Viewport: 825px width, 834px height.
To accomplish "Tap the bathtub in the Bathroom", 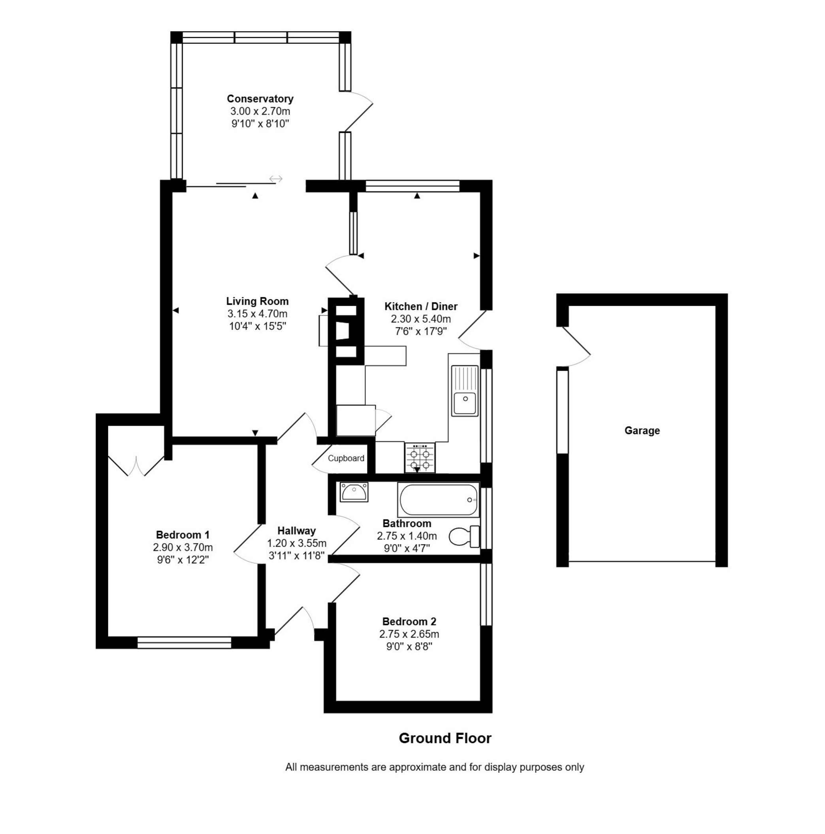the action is (x=438, y=500).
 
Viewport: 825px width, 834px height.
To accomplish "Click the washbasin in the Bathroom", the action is (x=354, y=492).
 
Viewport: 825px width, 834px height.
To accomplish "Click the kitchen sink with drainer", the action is (x=465, y=391).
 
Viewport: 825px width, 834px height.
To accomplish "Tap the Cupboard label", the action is (x=346, y=459).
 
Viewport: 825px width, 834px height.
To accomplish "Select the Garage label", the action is (x=642, y=430).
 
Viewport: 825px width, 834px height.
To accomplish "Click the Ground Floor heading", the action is (x=445, y=738).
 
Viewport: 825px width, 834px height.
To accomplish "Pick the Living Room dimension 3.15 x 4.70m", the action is (x=257, y=314).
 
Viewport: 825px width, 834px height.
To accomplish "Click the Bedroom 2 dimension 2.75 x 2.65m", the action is (x=409, y=634).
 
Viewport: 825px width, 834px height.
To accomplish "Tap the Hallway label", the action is (x=296, y=530).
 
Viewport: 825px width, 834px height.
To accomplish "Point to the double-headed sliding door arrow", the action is (x=276, y=178).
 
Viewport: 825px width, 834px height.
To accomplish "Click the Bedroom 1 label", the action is (x=183, y=535).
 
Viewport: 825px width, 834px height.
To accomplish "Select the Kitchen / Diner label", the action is (x=421, y=306).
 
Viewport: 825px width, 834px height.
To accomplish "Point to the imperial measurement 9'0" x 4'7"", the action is (x=407, y=549).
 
